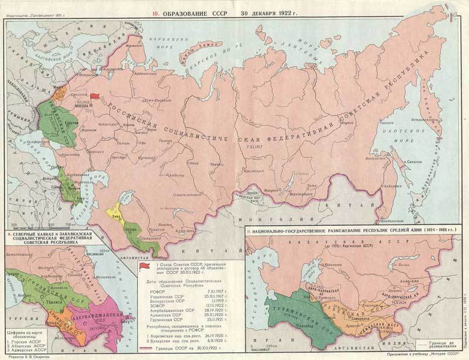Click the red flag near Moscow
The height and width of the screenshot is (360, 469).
95,96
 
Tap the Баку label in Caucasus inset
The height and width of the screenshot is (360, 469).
123,321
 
